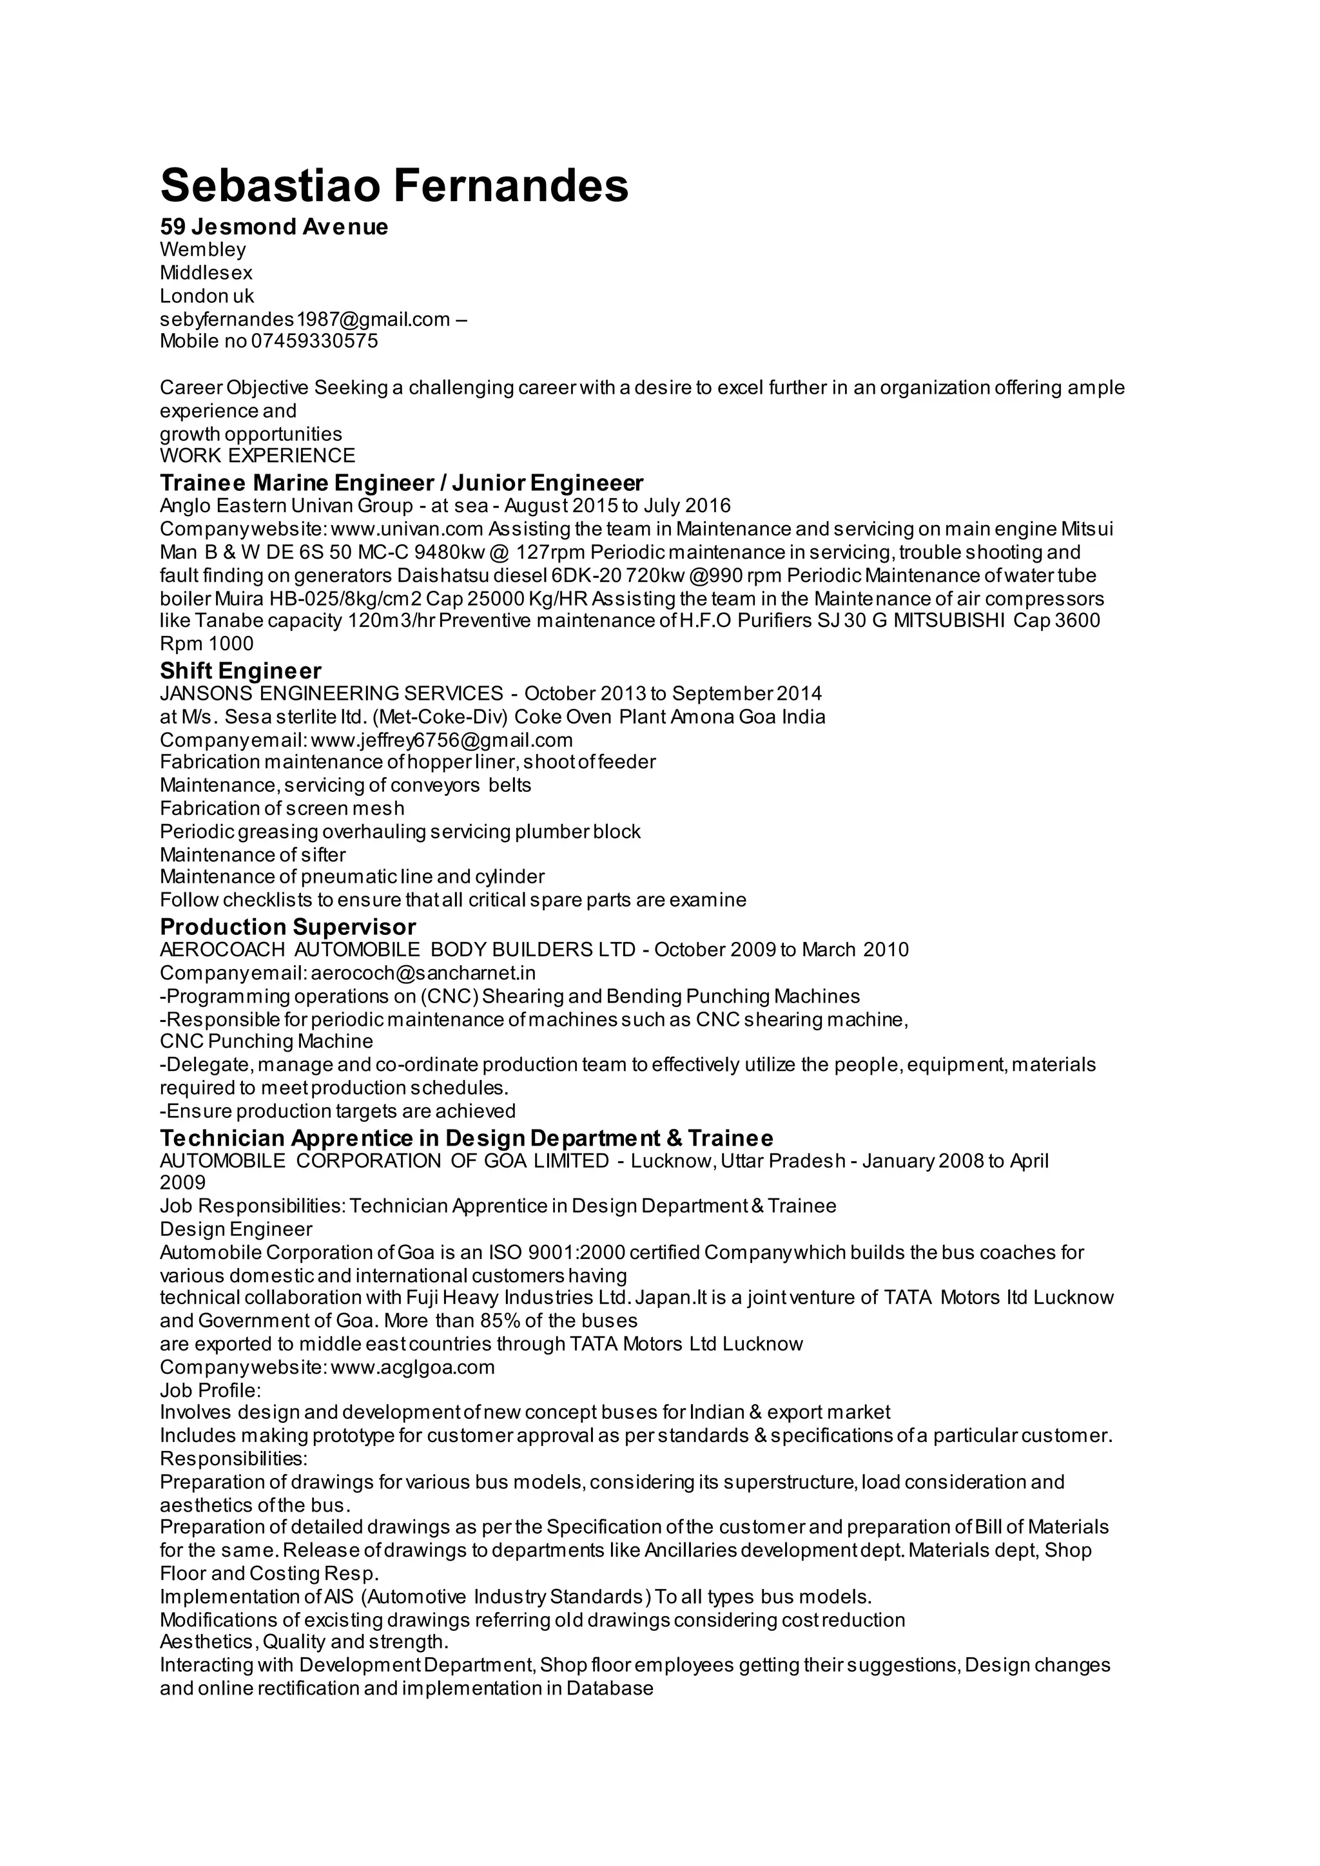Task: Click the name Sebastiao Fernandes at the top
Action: (394, 186)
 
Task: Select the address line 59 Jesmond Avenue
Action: (274, 227)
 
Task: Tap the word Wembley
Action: (202, 249)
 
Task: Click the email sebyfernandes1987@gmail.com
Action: (305, 318)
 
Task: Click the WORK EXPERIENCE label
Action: (258, 455)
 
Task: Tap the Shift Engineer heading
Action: (240, 671)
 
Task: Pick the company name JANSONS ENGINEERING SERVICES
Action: (332, 693)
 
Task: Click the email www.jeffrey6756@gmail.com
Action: (442, 740)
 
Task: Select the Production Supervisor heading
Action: (287, 927)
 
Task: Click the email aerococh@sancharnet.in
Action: (423, 973)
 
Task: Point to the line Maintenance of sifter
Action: (253, 854)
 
